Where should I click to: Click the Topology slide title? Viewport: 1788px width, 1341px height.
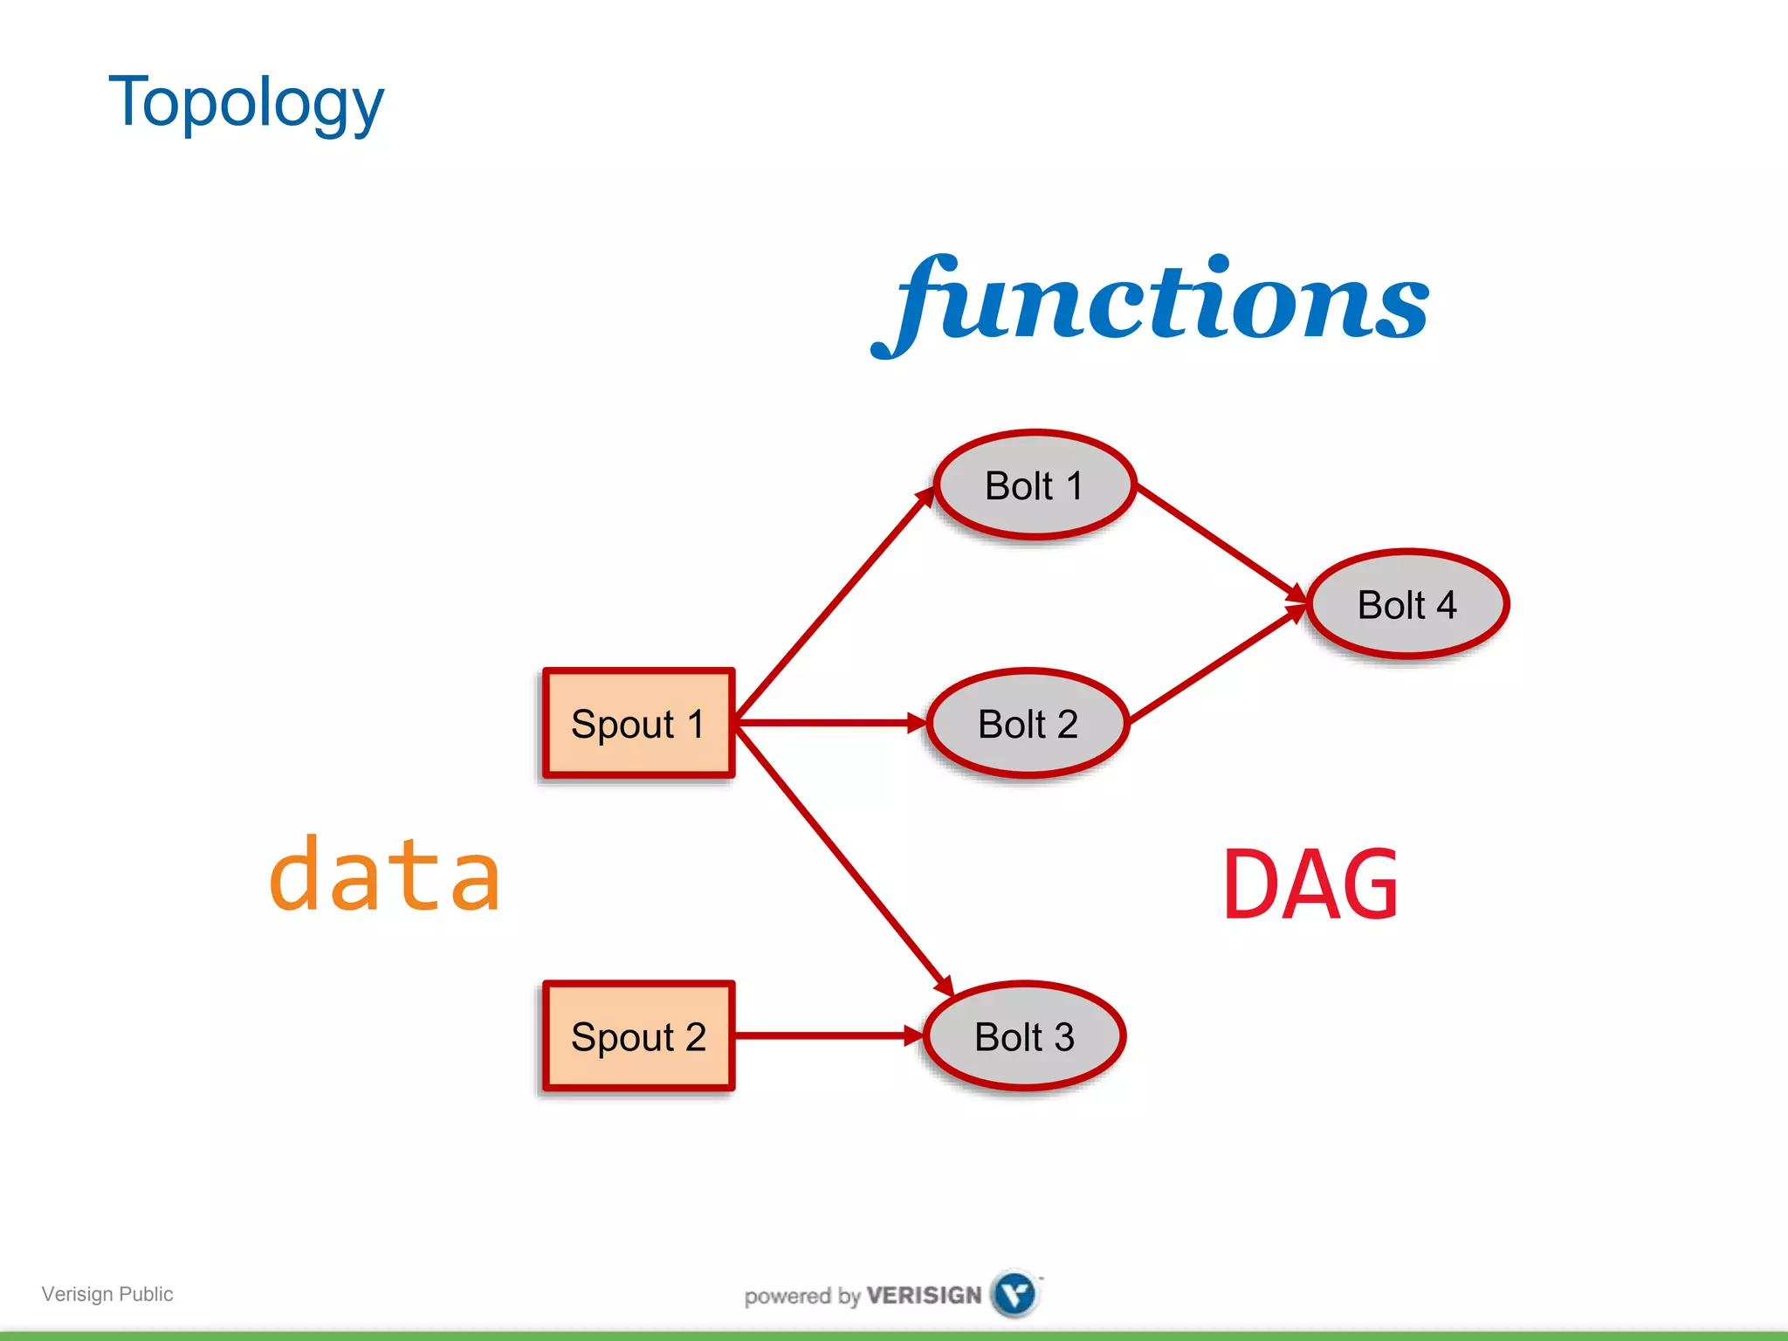click(245, 102)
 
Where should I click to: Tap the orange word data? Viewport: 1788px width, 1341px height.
click(385, 876)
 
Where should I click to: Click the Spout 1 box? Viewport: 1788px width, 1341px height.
click(638, 723)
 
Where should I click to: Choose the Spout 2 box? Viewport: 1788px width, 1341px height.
click(638, 1036)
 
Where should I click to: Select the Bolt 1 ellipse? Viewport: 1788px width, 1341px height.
click(1035, 485)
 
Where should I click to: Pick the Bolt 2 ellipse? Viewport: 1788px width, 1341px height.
click(1028, 724)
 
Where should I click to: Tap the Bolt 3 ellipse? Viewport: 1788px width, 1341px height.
click(1024, 1036)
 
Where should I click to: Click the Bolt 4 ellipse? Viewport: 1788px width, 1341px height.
click(1406, 604)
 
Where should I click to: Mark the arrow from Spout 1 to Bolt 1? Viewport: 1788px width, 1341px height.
click(834, 605)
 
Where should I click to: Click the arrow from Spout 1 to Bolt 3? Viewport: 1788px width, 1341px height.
click(842, 860)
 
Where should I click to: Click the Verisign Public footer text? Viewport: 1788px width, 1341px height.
click(107, 1294)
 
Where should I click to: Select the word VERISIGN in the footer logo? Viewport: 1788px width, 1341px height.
click(924, 1296)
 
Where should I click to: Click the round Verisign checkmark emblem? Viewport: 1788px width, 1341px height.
click(1014, 1294)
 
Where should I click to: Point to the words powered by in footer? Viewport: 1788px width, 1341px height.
click(802, 1296)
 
